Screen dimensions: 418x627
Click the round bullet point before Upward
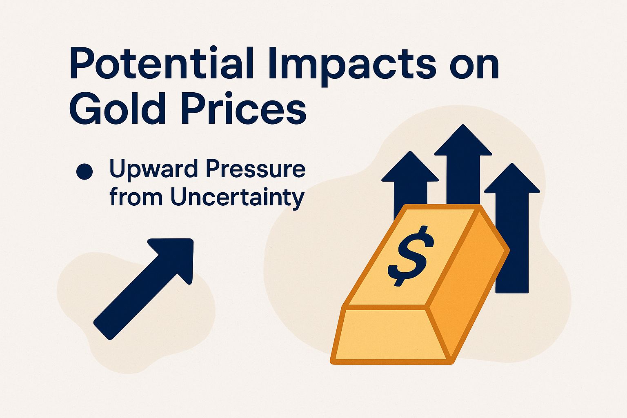[x=84, y=171]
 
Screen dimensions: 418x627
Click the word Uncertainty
[x=237, y=198]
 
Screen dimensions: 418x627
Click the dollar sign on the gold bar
[x=411, y=256]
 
